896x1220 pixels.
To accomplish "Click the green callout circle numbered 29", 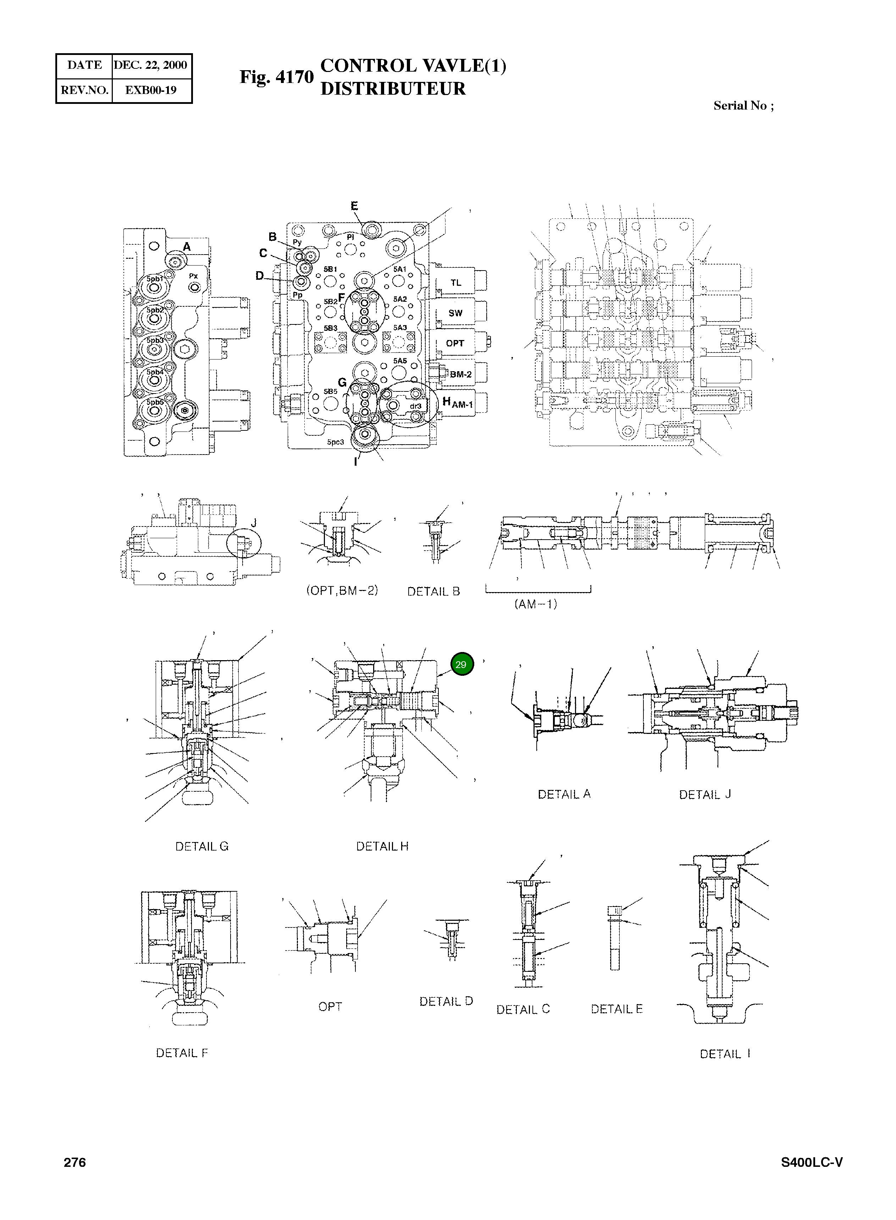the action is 461,664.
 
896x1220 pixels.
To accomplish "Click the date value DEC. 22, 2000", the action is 150,65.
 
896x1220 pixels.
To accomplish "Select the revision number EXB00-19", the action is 151,90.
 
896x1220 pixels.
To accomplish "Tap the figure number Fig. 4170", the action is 277,77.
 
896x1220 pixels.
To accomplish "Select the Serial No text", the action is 743,106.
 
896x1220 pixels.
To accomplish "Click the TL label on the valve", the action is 455,282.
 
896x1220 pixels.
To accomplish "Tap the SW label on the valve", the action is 455,313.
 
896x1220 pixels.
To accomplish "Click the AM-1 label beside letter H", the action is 463,404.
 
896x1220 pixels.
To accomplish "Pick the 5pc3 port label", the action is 335,442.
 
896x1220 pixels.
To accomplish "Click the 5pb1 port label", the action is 155,278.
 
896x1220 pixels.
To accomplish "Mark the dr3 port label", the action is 415,406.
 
